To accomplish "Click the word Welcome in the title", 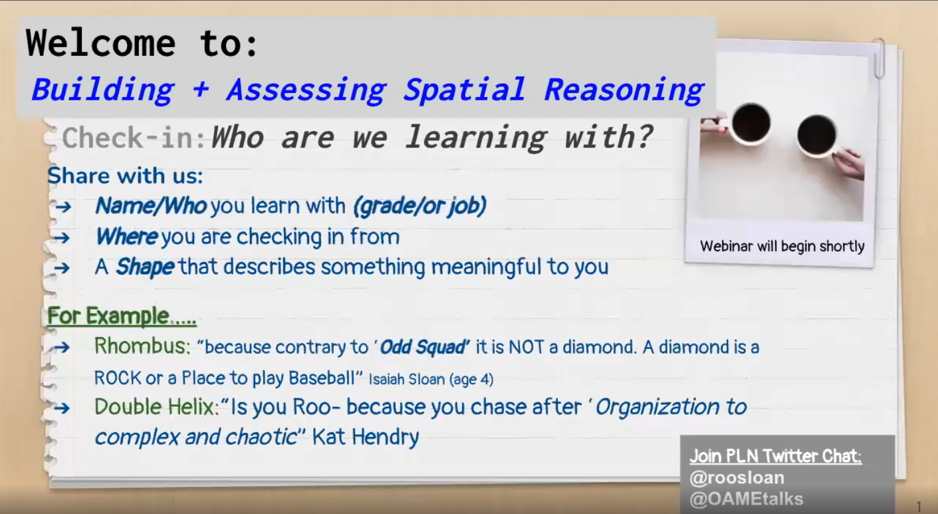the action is pyautogui.click(x=100, y=43).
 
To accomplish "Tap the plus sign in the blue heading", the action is pyautogui.click(x=201, y=90).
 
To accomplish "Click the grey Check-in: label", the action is pyautogui.click(x=134, y=138).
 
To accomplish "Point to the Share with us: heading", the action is pyautogui.click(x=125, y=176).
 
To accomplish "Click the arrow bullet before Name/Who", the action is pyautogui.click(x=63, y=206).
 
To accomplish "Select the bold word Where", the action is pyautogui.click(x=127, y=236).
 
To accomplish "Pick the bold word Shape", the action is pyautogui.click(x=145, y=267).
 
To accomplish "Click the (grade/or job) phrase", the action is pyautogui.click(x=419, y=206).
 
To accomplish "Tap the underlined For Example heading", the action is pyautogui.click(x=122, y=316).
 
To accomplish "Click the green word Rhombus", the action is pyautogui.click(x=142, y=346).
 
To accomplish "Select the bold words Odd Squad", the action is pyautogui.click(x=423, y=347).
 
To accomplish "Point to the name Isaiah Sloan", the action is pyautogui.click(x=407, y=379).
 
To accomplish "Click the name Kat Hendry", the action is pyautogui.click(x=366, y=438).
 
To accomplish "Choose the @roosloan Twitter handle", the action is pyautogui.click(x=737, y=478).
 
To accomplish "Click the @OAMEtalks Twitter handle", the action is pyautogui.click(x=747, y=499).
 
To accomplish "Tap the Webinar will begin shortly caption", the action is pyautogui.click(x=782, y=246).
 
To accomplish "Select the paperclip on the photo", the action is pyautogui.click(x=879, y=58).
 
